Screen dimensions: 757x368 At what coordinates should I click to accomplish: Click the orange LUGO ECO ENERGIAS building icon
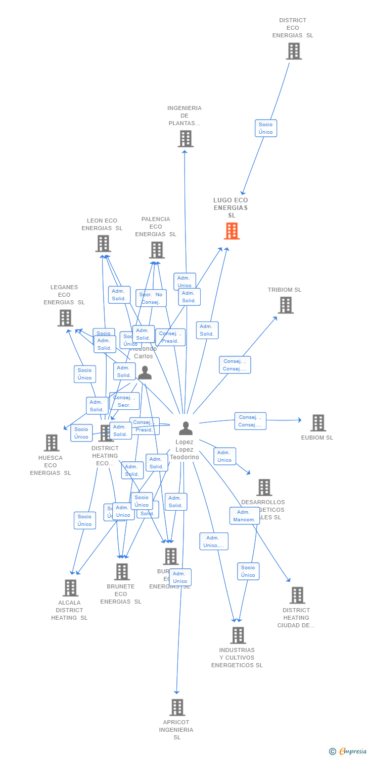point(232,231)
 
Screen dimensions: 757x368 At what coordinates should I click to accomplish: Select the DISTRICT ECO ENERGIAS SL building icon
point(293,51)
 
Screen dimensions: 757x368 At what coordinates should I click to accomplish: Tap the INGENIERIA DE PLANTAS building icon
point(186,139)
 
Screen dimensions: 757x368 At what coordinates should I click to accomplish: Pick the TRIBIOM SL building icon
point(286,305)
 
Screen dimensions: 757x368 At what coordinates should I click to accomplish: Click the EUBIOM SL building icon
point(318,423)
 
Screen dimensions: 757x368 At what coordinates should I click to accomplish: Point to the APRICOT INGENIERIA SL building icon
point(177,708)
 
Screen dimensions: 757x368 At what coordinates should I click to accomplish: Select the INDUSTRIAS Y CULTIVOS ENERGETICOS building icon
point(238,635)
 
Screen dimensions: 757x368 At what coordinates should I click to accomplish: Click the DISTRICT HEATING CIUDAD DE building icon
point(297,596)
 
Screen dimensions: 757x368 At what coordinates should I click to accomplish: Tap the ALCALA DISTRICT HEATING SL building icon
point(70,588)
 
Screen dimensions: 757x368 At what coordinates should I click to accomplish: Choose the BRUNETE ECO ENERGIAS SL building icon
point(122,572)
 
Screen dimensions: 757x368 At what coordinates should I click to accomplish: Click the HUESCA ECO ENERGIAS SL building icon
point(52,443)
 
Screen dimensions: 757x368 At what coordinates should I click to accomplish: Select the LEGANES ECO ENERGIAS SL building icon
point(65,318)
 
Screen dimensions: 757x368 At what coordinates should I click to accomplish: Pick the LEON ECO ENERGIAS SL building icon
point(103,244)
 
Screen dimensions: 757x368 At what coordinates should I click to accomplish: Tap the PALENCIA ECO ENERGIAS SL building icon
point(157,250)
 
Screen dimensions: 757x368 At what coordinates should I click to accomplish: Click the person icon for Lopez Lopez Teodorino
point(186,428)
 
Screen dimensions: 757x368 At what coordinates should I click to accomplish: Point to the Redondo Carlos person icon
point(145,373)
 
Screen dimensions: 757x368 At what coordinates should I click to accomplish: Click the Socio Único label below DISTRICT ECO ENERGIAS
point(265,128)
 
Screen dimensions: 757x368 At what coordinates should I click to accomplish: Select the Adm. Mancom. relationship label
point(244,516)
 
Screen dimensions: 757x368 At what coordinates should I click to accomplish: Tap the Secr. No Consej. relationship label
point(151,298)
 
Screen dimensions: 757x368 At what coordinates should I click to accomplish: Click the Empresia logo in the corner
point(348,751)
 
